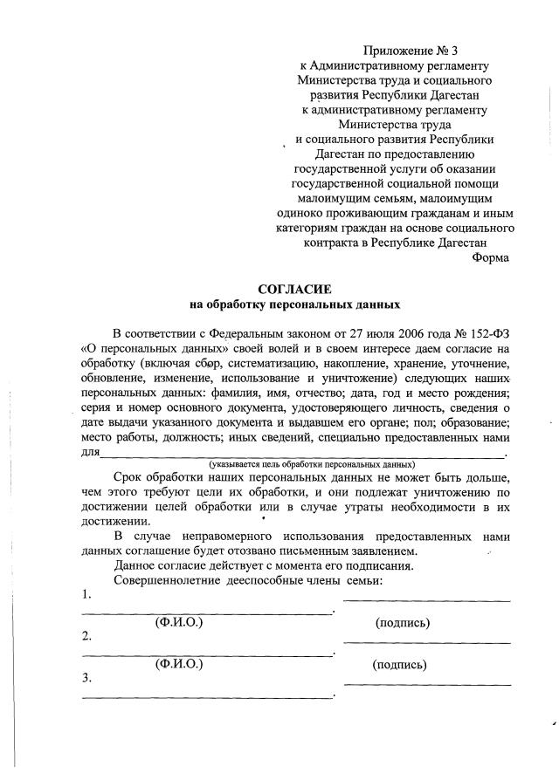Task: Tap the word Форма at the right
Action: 491,257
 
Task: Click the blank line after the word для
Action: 301,455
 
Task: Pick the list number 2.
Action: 86,635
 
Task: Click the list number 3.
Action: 86,677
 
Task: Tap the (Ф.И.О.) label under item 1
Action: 178,622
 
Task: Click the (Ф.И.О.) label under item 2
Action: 178,664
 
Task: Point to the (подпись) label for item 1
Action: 402,623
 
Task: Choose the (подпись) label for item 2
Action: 399,665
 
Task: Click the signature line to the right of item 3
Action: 427,684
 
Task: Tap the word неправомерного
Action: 223,536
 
